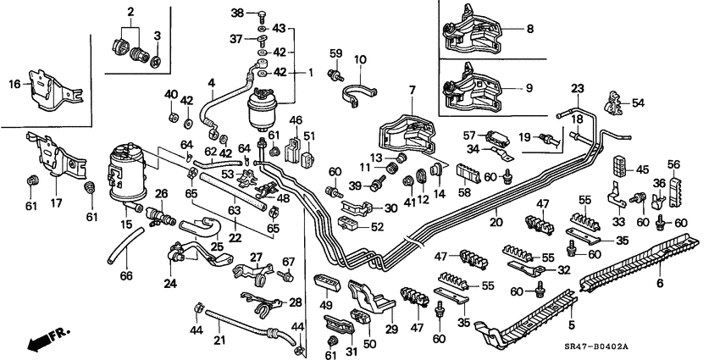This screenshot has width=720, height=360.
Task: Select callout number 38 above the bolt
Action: tap(237, 14)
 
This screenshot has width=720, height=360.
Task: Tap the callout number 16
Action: tap(15, 83)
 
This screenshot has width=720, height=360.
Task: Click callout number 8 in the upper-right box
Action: tap(530, 28)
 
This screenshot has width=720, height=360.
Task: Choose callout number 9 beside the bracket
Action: tap(530, 86)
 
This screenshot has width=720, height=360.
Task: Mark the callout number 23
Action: tap(578, 88)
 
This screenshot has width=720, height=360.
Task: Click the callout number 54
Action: tap(639, 102)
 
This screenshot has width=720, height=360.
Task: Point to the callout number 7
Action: tap(413, 90)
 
